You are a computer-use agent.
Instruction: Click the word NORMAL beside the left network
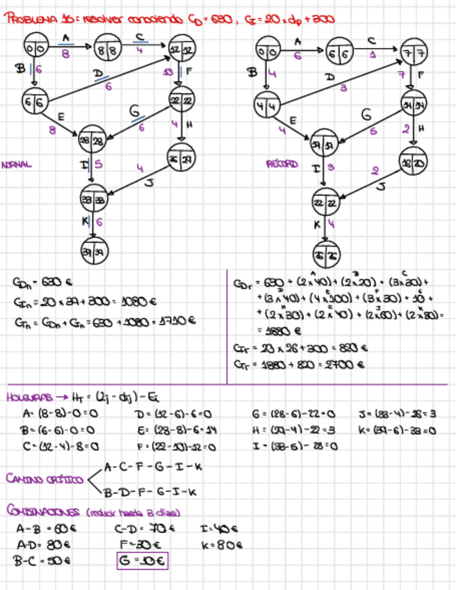click(x=17, y=165)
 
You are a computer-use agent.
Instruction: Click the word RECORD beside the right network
click(x=282, y=165)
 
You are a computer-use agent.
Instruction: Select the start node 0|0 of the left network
click(x=35, y=49)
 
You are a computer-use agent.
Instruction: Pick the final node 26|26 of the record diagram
click(x=325, y=254)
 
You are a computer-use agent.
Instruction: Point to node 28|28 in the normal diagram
click(x=92, y=141)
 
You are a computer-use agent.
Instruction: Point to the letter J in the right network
click(x=380, y=186)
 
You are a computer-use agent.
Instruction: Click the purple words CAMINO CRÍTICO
click(x=41, y=479)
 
